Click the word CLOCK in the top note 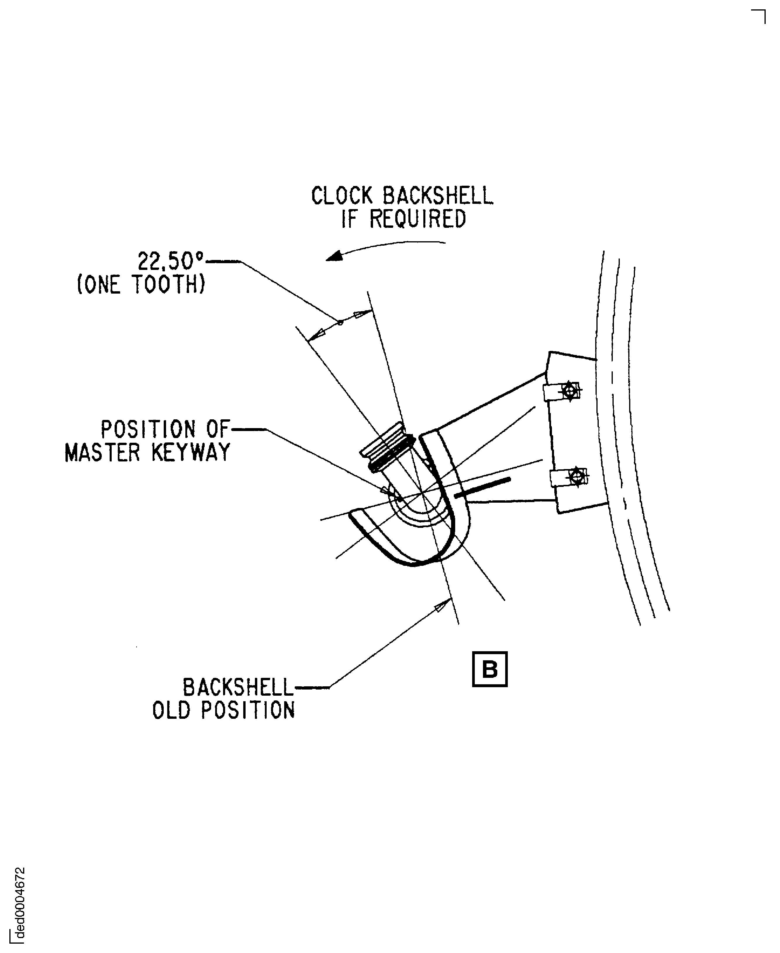(342, 196)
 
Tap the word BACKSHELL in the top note (438, 196)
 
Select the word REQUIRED (417, 219)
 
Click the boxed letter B (489, 669)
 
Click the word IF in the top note (349, 219)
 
